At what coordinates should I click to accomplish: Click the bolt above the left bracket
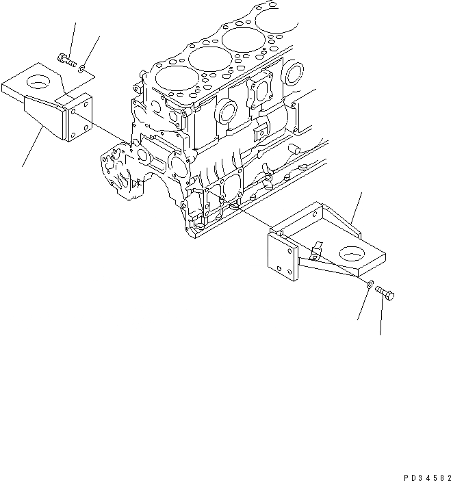click(x=66, y=59)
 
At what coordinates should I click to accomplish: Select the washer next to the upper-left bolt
click(x=82, y=67)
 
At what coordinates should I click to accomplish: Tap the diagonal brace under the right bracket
click(x=328, y=272)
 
